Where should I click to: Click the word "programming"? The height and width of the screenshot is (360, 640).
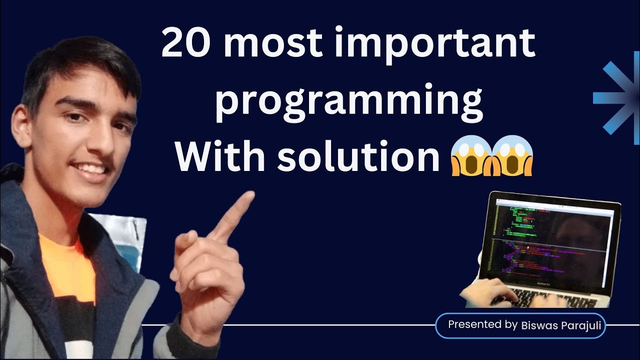(348, 102)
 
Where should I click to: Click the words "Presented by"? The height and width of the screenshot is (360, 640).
(482, 324)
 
